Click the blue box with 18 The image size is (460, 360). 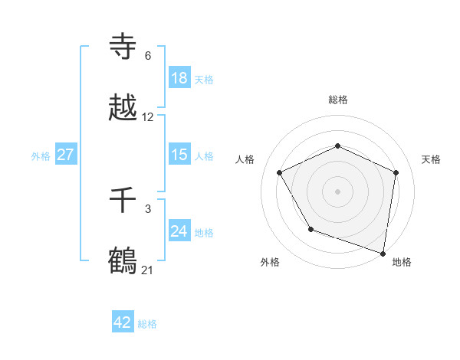179,78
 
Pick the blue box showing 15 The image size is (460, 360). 179,155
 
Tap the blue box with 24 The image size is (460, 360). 179,231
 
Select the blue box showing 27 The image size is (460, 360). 65,155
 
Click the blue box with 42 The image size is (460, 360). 123,322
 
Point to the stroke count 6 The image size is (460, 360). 148,56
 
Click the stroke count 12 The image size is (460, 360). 148,117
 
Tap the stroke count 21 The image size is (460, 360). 148,270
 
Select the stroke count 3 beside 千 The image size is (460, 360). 148,208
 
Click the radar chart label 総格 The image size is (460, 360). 338,100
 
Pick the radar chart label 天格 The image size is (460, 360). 431,159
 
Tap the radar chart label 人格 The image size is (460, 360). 245,159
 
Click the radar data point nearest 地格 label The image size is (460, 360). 383,253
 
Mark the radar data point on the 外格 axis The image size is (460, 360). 310,229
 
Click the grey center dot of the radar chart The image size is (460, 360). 338,191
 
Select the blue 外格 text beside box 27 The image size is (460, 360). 41,155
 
